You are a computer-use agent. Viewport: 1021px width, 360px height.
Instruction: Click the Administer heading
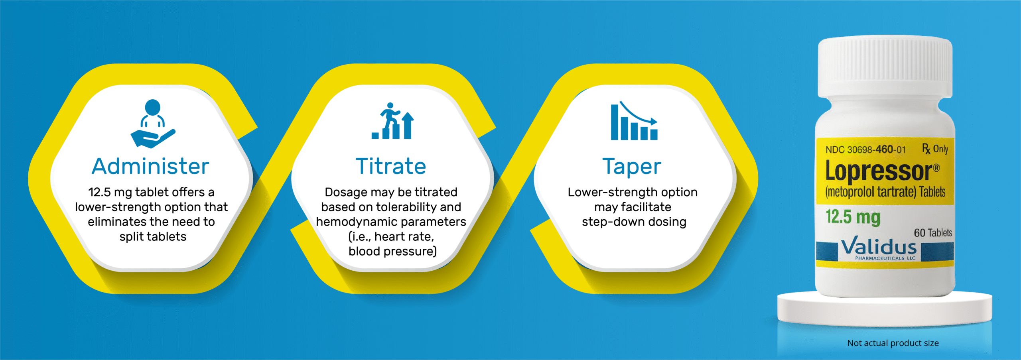pyautogui.click(x=150, y=166)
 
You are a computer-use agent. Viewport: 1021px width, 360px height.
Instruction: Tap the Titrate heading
pyautogui.click(x=391, y=166)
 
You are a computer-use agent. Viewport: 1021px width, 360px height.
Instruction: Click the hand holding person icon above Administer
pyautogui.click(x=153, y=124)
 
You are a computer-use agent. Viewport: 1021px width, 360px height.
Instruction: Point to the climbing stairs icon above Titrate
pyautogui.click(x=393, y=121)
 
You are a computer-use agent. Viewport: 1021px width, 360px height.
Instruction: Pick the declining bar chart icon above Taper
pyautogui.click(x=634, y=121)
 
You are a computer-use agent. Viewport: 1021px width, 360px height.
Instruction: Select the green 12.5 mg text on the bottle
pyautogui.click(x=853, y=217)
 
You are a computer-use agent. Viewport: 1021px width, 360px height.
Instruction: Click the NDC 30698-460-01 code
pyautogui.click(x=865, y=150)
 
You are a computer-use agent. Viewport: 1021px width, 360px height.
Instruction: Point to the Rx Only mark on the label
pyautogui.click(x=935, y=149)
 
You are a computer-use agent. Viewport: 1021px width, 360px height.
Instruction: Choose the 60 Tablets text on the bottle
pyautogui.click(x=933, y=233)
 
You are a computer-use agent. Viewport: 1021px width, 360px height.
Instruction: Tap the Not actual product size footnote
pyautogui.click(x=893, y=343)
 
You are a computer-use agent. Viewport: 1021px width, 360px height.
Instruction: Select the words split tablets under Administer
pyautogui.click(x=153, y=237)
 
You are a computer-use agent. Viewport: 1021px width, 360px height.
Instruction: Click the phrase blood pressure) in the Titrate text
pyautogui.click(x=392, y=252)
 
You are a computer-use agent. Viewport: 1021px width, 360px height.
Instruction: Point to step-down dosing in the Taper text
pyautogui.click(x=634, y=222)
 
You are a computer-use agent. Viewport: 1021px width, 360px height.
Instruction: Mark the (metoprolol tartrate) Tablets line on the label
pyautogui.click(x=885, y=192)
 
